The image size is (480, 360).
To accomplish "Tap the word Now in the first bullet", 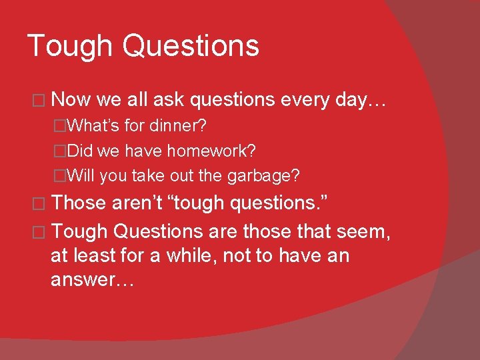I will pyautogui.click(x=71, y=100).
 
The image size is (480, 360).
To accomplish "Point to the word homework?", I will pyautogui.click(x=211, y=151).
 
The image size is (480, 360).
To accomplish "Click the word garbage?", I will pyautogui.click(x=264, y=176).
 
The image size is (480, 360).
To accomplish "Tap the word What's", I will pyautogui.click(x=93, y=125).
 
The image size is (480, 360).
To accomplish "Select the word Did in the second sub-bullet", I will pyautogui.click(x=81, y=151).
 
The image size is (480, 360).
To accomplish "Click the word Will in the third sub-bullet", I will pyautogui.click(x=81, y=176).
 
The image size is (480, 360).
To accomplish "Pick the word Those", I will pyautogui.click(x=78, y=203).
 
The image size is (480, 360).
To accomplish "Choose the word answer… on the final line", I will pyautogui.click(x=93, y=280).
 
